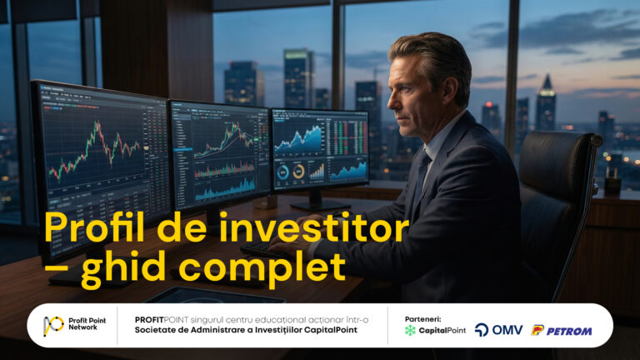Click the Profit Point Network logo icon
coord(54,325)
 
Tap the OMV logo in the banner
coord(498,330)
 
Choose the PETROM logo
coord(562,330)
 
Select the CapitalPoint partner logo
coord(434,330)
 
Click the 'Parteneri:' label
coord(422,318)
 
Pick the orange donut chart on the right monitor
coord(298,172)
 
